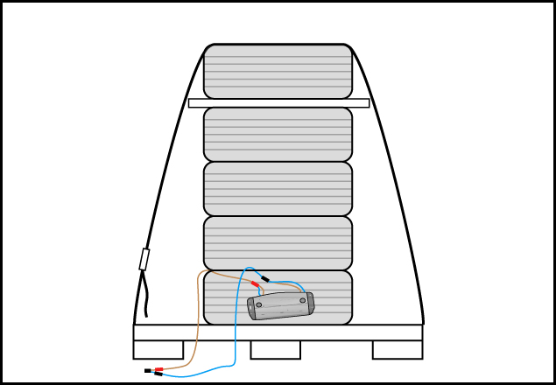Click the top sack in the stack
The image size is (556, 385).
pyautogui.click(x=278, y=71)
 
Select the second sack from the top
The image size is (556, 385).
pyautogui.click(x=278, y=134)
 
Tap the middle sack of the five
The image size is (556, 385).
pyautogui.click(x=278, y=188)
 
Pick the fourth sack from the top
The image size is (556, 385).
pyautogui.click(x=278, y=242)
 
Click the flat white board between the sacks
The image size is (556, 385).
pyautogui.click(x=278, y=102)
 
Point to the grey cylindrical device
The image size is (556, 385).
pyautogui.click(x=280, y=306)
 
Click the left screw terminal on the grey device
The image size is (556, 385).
pyautogui.click(x=259, y=305)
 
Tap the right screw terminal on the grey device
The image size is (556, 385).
pyautogui.click(x=303, y=301)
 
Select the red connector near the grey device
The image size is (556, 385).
pyautogui.click(x=255, y=283)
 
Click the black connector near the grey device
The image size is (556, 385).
pyautogui.click(x=264, y=279)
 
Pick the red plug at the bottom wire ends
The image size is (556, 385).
pyautogui.click(x=159, y=370)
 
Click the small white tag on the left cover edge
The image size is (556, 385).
pyautogui.click(x=144, y=259)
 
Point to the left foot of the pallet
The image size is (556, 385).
pyautogui.click(x=158, y=350)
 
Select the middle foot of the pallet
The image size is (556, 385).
pyautogui.click(x=275, y=350)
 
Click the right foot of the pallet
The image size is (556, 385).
pyautogui.click(x=397, y=350)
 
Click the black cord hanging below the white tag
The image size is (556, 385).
pyautogui.click(x=144, y=297)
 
